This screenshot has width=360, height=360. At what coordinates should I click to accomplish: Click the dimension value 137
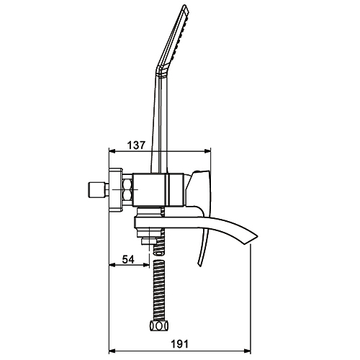coord(136,145)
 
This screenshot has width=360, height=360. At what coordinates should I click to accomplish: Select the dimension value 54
coord(128,259)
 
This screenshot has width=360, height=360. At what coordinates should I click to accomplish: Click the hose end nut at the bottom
coord(159,326)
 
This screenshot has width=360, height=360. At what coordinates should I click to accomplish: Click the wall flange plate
coord(116,190)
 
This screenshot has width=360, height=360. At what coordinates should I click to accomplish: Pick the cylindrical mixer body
coord(158,189)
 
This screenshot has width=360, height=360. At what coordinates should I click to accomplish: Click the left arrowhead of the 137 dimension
coord(112,151)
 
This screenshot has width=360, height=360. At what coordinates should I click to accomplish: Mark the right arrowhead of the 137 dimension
coord(207,151)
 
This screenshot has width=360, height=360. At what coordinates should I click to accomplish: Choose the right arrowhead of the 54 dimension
coord(146,265)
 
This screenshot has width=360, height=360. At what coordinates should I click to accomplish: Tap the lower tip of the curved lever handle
coord(199,266)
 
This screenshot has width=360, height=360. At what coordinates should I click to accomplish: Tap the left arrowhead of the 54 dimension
coord(112,265)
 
